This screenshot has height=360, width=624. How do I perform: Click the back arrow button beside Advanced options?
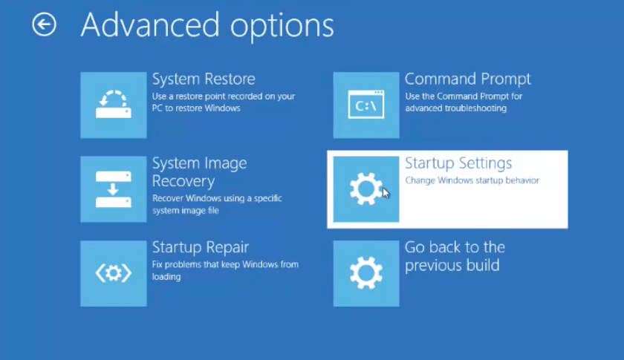(x=44, y=24)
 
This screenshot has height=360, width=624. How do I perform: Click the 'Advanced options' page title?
(x=207, y=26)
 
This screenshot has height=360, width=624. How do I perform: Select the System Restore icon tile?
(x=114, y=105)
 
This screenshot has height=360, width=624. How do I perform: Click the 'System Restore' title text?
(x=204, y=79)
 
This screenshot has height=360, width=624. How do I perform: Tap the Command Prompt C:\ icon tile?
(x=366, y=105)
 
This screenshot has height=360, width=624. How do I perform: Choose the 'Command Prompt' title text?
(x=467, y=79)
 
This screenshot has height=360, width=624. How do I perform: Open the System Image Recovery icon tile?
(x=114, y=189)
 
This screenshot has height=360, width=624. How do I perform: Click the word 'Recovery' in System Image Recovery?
(x=183, y=181)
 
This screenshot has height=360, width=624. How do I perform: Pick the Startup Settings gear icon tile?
(x=366, y=189)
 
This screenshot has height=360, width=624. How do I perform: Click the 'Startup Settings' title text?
(x=458, y=163)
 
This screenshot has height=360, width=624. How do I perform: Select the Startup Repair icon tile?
(x=114, y=273)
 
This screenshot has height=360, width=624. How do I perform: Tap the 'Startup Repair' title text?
(x=200, y=247)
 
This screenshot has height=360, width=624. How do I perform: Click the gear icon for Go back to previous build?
(x=366, y=273)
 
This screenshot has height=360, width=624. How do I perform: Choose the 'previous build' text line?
(x=452, y=265)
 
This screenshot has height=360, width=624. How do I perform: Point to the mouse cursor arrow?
(x=386, y=193)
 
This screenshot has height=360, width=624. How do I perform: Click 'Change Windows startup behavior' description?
(x=472, y=180)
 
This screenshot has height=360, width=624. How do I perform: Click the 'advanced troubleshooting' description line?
(x=455, y=108)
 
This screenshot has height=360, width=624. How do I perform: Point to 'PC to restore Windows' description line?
(x=196, y=108)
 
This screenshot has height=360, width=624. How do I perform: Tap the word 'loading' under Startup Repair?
(x=166, y=276)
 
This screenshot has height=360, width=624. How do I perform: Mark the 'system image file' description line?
(x=186, y=210)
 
